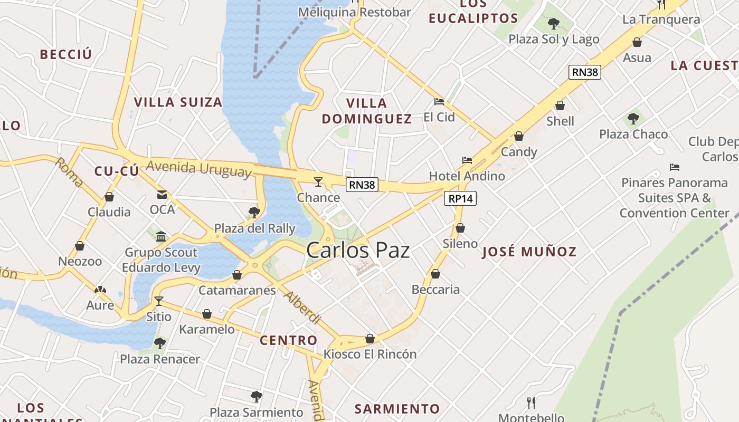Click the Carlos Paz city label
358,250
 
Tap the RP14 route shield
461,198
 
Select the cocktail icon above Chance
318,182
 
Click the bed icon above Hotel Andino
467,160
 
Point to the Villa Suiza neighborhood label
178,102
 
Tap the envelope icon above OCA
162,195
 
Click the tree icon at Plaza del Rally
254,213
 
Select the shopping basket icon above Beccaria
435,274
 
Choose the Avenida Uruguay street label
198,168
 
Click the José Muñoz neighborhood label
529,252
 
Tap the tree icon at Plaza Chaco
633,119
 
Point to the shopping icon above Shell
560,105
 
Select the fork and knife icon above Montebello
531,403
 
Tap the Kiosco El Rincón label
370,354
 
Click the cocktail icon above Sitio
158,301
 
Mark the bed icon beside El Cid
439,102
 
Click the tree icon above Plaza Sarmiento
257,396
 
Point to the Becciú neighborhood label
66,54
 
